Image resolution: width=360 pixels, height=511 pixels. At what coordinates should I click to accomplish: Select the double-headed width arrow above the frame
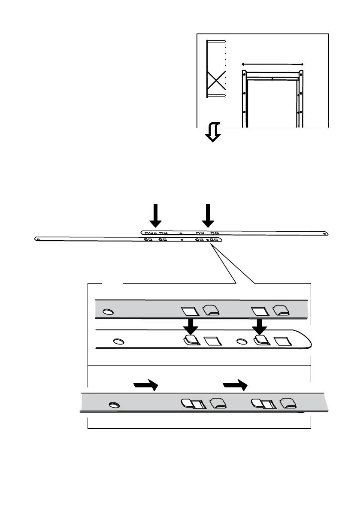pos(272,64)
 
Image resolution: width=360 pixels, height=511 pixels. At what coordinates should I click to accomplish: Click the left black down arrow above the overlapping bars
pos(156,215)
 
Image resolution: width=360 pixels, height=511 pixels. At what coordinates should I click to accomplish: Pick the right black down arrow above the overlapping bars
pos(208,215)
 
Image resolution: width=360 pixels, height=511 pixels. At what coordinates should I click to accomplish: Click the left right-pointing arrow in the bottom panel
pos(146,385)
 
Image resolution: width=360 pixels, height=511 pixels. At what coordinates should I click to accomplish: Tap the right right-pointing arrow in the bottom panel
pos(236,385)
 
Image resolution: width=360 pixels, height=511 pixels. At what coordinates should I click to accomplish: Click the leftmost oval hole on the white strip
pos(118,342)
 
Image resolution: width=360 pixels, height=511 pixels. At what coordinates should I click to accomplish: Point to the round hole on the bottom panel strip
pos(114,405)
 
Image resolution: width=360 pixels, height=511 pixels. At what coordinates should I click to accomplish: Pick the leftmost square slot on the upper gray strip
pos(188,310)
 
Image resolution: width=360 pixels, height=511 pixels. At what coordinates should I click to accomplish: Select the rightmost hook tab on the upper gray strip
pos(281,309)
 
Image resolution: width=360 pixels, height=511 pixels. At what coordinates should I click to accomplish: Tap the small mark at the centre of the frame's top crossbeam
pos(272,79)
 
